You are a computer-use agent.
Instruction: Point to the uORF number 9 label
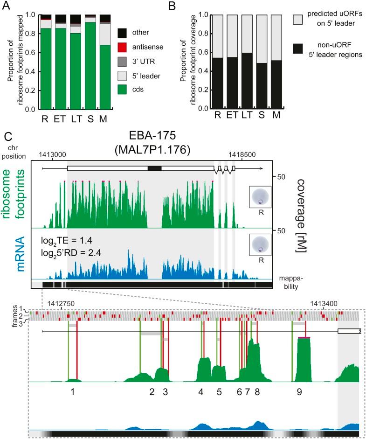tap(299, 392)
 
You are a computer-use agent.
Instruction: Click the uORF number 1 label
tap(73, 392)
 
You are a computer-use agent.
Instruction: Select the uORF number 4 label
tap(201, 392)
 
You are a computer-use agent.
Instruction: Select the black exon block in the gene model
tap(154, 168)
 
